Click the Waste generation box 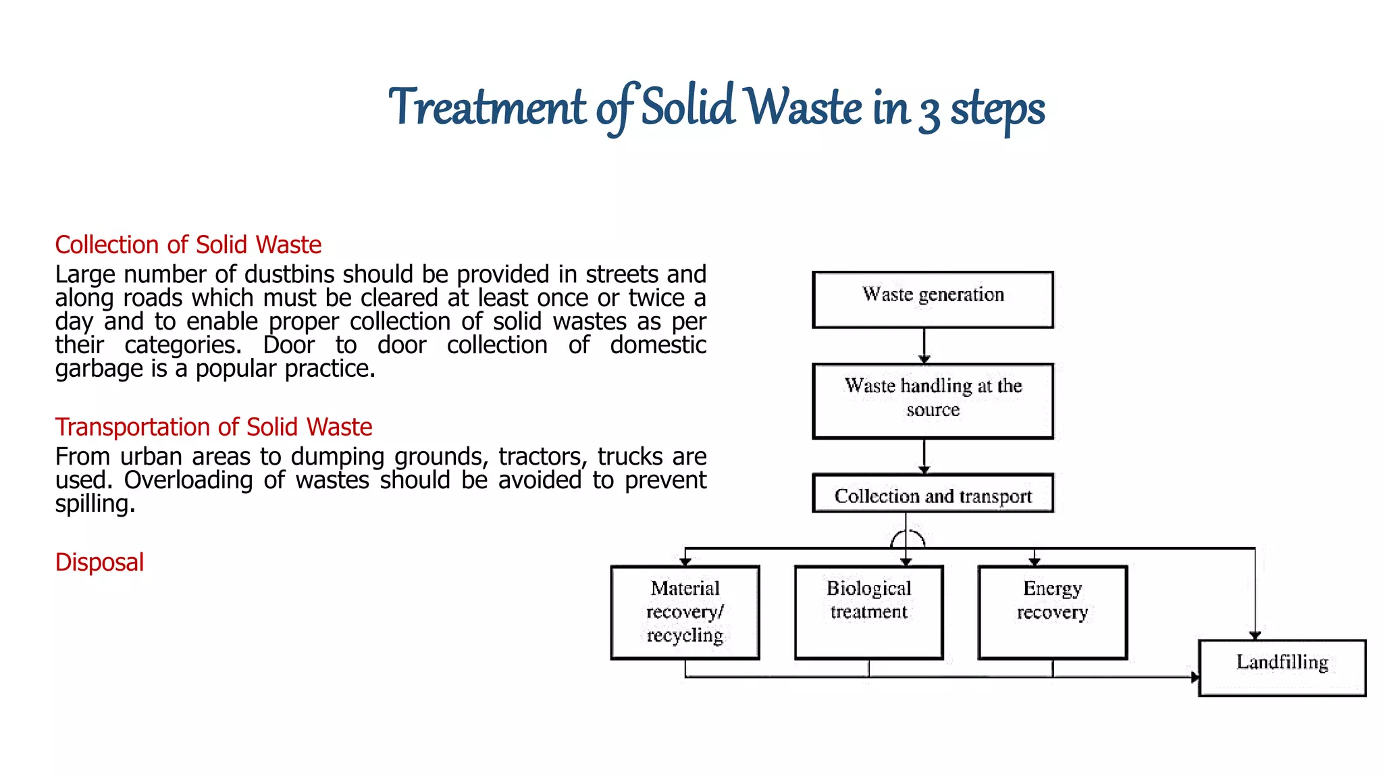click(933, 300)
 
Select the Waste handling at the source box click(933, 400)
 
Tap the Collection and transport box click(933, 494)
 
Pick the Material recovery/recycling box click(685, 612)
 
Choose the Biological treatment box click(868, 612)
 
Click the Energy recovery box click(1052, 612)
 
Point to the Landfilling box click(1282, 667)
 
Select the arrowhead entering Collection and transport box click(924, 470)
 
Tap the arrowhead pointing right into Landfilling click(1195, 677)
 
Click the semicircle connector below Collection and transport click(907, 538)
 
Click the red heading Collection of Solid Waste click(188, 244)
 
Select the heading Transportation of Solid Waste click(213, 427)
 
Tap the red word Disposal click(99, 562)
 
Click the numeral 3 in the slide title click(929, 112)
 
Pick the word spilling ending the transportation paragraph click(95, 504)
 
